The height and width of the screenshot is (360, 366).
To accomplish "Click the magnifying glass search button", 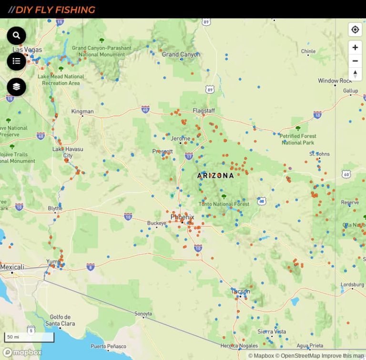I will pyautogui.click(x=16, y=35).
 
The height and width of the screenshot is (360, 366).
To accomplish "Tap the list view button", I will pyautogui.click(x=16, y=61).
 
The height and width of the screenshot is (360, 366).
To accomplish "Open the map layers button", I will pyautogui.click(x=16, y=87).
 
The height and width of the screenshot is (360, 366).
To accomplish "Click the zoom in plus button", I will pyautogui.click(x=355, y=48).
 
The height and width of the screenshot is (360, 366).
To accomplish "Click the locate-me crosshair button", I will pyautogui.click(x=355, y=30).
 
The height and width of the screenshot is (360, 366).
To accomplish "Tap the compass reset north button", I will pyautogui.click(x=355, y=73).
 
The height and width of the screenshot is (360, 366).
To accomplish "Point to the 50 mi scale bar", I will pyautogui.click(x=29, y=337).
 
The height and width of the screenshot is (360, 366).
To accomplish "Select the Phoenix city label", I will pyautogui.click(x=183, y=217).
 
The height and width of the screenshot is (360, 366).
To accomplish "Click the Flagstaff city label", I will pyautogui.click(x=204, y=111).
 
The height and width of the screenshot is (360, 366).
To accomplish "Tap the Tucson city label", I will pyautogui.click(x=241, y=291).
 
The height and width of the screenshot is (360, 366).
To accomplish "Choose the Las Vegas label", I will pyautogui.click(x=27, y=50).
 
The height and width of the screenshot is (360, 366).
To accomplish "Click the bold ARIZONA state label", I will pyautogui.click(x=215, y=175).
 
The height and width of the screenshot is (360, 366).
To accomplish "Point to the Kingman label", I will pyautogui.click(x=82, y=112).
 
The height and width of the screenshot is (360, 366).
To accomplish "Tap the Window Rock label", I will pyautogui.click(x=335, y=81).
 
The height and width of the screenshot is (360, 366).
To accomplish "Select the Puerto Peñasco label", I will pyautogui.click(x=108, y=346).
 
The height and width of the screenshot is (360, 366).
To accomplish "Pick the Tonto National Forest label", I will pyautogui.click(x=224, y=204).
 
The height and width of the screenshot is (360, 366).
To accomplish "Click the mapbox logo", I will pyautogui.click(x=23, y=352).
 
